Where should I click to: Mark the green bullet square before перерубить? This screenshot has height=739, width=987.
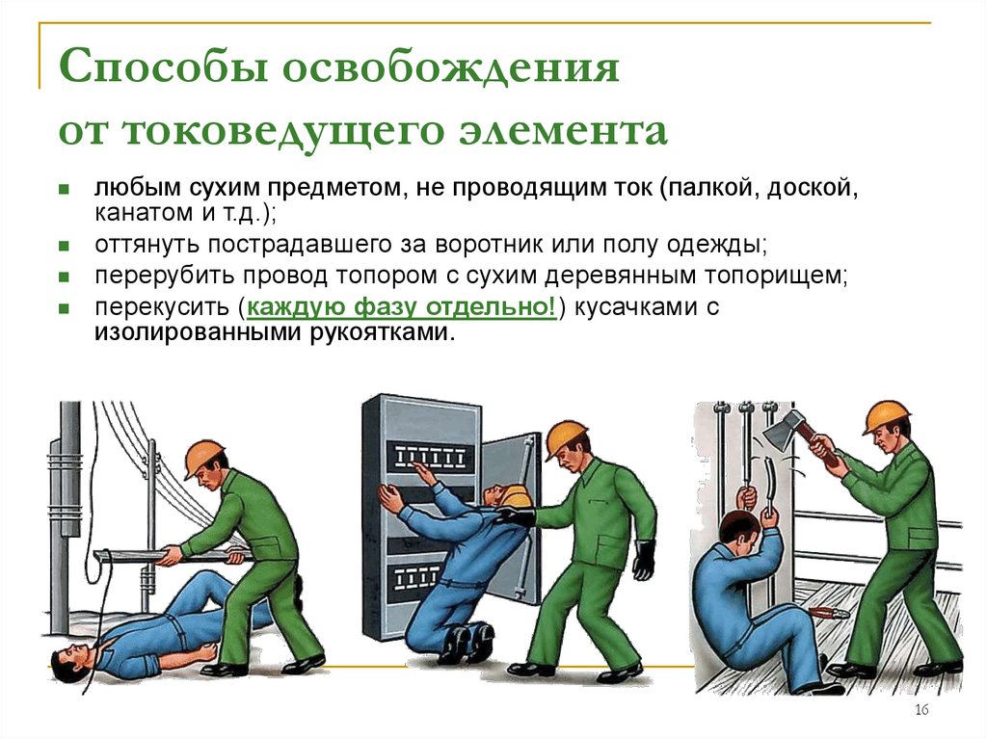click(x=64, y=277)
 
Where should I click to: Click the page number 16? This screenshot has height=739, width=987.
click(x=920, y=710)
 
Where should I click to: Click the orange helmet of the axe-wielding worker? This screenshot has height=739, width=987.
click(x=885, y=415)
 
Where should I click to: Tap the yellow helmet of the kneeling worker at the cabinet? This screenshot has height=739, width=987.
click(x=518, y=496)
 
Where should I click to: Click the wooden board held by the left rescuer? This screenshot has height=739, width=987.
click(x=164, y=556)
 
